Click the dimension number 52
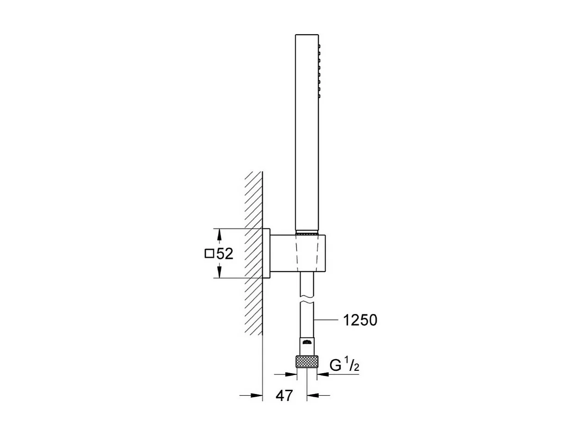tap(224, 254)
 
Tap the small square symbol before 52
tap(209, 253)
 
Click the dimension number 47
tap(284, 395)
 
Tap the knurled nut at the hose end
tap(307, 362)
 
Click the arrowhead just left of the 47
tap(257, 395)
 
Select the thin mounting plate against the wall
tap(266, 253)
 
